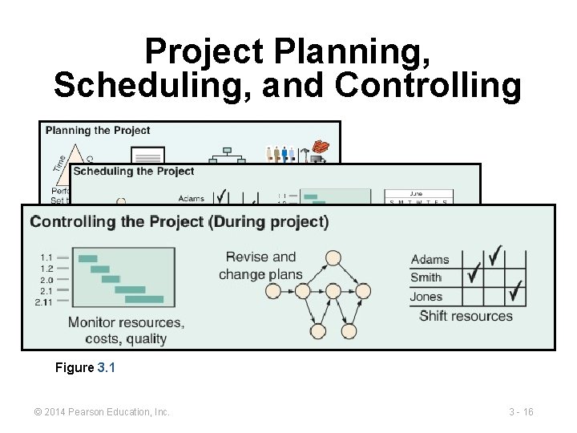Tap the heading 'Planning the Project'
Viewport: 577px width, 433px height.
[x=98, y=131]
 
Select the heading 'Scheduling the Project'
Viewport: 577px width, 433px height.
[x=134, y=171]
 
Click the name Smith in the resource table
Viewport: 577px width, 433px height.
[x=426, y=277]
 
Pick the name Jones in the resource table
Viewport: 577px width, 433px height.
[x=426, y=297]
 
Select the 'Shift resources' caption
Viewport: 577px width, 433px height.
[x=466, y=316]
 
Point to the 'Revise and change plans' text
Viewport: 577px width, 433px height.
[x=260, y=265]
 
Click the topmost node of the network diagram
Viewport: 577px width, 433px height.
[x=333, y=258]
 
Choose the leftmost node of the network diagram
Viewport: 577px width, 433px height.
[x=275, y=291]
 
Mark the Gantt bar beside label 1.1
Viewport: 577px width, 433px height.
[x=88, y=258]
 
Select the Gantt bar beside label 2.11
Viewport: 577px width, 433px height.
[x=144, y=300]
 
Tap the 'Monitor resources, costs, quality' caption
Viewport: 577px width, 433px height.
[x=126, y=330]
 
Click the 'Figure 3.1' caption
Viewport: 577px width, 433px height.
[x=86, y=368]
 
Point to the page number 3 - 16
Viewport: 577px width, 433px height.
[x=521, y=412]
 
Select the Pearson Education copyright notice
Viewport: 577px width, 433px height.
[x=102, y=412]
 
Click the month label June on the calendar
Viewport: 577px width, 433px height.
[x=418, y=193]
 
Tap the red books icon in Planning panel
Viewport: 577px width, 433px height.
[x=321, y=147]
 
